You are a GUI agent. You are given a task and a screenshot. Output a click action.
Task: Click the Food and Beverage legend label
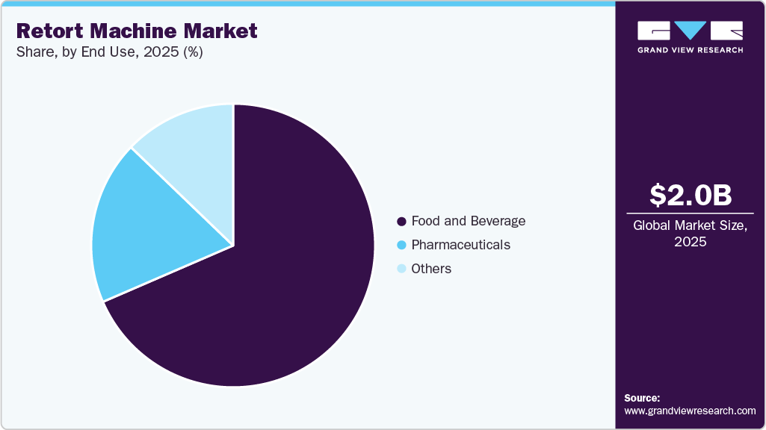(468, 221)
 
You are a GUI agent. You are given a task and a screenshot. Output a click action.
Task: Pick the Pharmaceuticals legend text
(460, 245)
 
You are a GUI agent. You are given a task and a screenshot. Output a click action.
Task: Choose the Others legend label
(431, 269)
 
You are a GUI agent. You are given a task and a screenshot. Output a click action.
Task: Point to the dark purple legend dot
(401, 222)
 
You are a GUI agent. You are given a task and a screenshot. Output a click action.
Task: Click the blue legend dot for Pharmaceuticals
(401, 245)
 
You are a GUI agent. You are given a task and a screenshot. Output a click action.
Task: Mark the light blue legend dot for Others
(401, 269)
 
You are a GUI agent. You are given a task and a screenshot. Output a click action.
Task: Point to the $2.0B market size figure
(691, 195)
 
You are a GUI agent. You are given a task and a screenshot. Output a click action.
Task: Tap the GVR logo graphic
(690, 30)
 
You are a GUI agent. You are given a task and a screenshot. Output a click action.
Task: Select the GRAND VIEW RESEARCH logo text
(690, 50)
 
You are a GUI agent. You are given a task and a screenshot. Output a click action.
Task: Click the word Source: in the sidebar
(642, 398)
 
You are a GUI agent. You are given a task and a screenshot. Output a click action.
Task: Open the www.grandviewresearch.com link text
(690, 411)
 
